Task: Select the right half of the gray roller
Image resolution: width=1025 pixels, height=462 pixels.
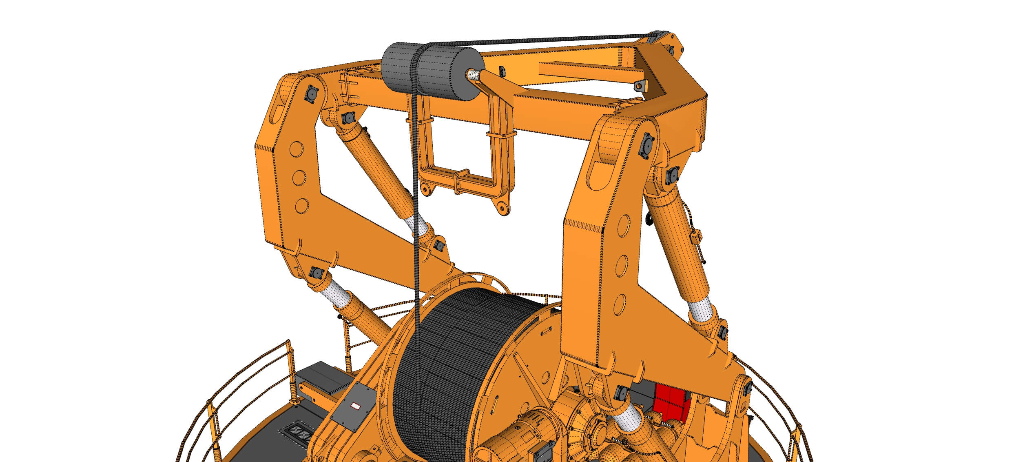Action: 449,78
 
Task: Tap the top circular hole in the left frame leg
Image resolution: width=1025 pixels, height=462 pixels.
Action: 297,149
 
